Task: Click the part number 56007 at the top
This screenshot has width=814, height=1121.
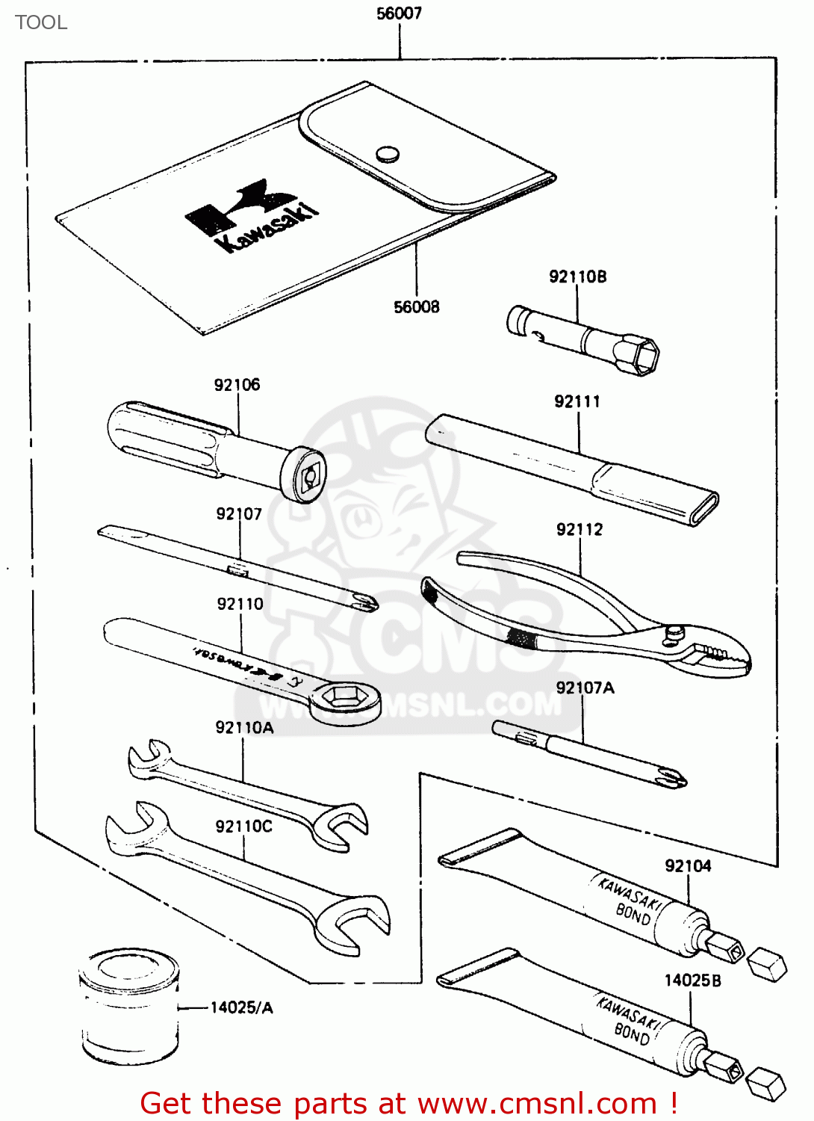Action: point(399,13)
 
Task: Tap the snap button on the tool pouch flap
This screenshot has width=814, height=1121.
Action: point(387,155)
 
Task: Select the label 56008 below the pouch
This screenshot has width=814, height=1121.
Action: point(416,306)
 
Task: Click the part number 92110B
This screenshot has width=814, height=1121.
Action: point(577,277)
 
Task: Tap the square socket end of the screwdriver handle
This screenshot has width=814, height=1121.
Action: point(308,475)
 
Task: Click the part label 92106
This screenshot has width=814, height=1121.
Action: point(237,385)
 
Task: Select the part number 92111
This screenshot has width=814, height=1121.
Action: point(577,401)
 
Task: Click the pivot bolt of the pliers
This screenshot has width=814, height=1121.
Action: point(673,633)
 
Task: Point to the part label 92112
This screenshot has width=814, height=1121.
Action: point(579,530)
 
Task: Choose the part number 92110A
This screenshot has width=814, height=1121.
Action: point(244,727)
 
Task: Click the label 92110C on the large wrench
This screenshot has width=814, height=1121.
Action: point(243,826)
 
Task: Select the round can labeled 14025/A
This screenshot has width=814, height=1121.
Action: point(129,1005)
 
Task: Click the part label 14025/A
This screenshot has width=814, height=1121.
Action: point(241,1007)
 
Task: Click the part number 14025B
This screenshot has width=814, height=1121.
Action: point(692,981)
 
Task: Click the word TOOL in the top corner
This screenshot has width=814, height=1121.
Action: point(41,22)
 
